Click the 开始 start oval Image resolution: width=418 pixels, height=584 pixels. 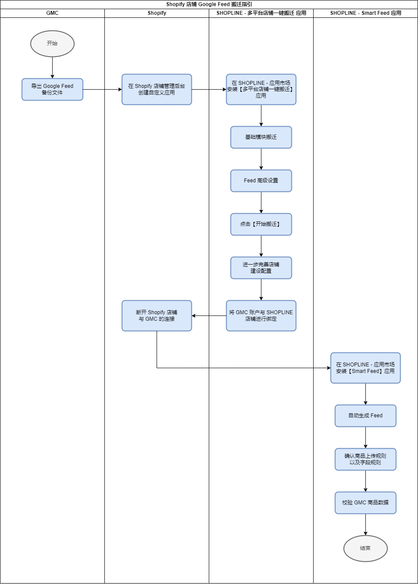click(52, 44)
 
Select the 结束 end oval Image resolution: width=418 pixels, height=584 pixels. click(365, 548)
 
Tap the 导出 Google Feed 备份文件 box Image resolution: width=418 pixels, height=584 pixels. click(52, 89)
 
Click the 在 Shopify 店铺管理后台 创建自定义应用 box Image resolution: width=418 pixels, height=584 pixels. click(157, 89)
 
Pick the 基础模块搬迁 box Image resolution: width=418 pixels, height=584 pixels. click(261, 137)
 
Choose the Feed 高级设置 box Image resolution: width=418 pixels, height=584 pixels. click(261, 181)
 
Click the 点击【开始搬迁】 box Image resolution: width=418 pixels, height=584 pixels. click(261, 224)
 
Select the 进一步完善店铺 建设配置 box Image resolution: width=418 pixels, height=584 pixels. click(261, 268)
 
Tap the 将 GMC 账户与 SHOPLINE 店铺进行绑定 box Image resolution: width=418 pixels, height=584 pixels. click(261, 316)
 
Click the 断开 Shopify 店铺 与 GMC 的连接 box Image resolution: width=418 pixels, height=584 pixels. click(157, 316)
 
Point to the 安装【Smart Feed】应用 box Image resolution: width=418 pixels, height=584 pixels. click(365, 368)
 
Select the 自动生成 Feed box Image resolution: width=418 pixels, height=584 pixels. click(365, 416)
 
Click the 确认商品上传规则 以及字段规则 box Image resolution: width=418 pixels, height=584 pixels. click(365, 459)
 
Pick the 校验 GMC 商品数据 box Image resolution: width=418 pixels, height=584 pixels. click(365, 503)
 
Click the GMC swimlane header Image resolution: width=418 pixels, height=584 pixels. click(52, 13)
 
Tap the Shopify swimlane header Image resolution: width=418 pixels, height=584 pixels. click(157, 13)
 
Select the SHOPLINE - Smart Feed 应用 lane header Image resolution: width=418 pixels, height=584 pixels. click(366, 13)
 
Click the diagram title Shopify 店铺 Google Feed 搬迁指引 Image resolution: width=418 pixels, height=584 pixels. click(209, 4)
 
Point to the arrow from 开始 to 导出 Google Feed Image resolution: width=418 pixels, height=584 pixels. click(52, 67)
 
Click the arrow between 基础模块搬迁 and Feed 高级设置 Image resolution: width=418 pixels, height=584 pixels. click(261, 159)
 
